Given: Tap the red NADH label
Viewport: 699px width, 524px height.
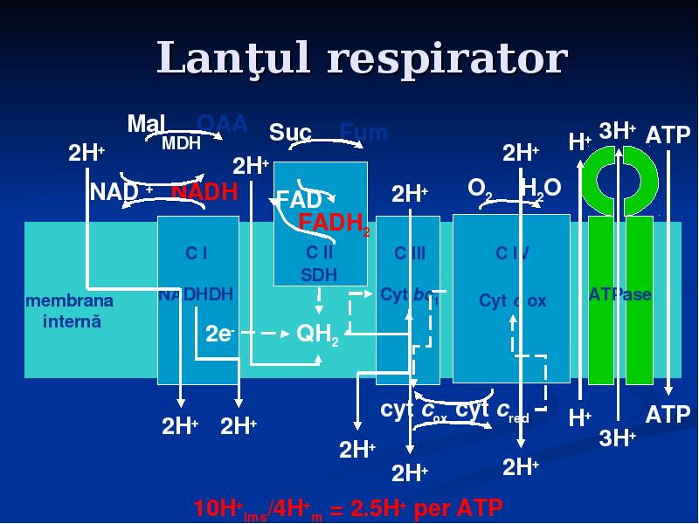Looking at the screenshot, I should click(x=204, y=192).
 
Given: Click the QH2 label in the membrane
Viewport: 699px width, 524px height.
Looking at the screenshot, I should click(x=318, y=334).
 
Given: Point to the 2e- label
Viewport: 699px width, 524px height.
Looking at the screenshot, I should click(x=218, y=334).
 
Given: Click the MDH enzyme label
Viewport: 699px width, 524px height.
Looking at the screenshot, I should click(x=181, y=143).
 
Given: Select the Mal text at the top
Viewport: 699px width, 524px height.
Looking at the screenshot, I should click(x=146, y=123).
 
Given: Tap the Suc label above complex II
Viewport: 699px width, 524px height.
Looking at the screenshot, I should click(x=290, y=133).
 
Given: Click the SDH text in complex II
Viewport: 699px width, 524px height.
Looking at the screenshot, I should click(x=319, y=274).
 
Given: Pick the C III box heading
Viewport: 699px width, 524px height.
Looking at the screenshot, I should click(x=409, y=253).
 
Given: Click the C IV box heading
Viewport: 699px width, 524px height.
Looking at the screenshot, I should click(x=512, y=253).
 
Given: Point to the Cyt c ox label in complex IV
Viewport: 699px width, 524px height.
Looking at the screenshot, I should click(x=513, y=301).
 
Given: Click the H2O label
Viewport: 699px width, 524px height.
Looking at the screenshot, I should click(x=539, y=188).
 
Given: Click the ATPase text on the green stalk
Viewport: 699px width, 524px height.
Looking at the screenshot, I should click(x=620, y=294).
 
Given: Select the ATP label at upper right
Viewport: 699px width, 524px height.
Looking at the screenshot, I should click(x=668, y=135).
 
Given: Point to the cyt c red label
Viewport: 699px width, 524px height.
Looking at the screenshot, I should click(x=493, y=410).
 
